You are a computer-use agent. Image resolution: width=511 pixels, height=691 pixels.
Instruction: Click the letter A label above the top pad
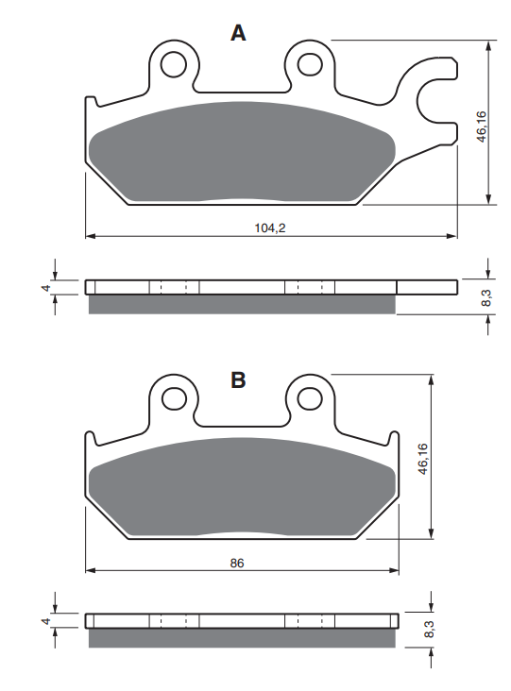tap(239, 34)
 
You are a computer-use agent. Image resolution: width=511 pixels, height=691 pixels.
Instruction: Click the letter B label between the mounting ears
tap(239, 380)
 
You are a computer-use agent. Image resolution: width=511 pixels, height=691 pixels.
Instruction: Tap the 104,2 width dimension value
tap(270, 228)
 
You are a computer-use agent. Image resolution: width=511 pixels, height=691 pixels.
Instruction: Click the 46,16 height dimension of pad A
tap(481, 126)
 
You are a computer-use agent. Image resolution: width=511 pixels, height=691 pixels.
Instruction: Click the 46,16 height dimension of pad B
tap(423, 460)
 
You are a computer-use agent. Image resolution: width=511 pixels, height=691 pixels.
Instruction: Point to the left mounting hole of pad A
tap(173, 64)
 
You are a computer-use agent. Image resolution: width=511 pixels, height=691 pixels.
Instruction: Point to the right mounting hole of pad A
tap(309, 64)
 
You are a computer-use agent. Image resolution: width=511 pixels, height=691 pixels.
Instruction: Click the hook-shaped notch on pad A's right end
tap(432, 97)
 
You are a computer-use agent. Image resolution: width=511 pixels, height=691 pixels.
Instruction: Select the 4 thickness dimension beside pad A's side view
tap(44, 287)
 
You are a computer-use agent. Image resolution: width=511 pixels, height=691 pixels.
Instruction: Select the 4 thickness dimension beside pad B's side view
tap(44, 621)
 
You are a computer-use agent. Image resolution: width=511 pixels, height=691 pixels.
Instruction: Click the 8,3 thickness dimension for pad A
tap(485, 297)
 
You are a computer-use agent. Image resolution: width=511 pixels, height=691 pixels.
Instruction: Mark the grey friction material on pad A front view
tap(241, 151)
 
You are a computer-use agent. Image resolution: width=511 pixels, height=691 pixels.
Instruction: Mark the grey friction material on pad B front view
tap(241, 486)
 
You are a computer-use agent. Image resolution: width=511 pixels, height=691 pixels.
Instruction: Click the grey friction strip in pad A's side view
tap(241, 303)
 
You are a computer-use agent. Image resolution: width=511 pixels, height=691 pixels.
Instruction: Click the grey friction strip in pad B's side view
tap(241, 637)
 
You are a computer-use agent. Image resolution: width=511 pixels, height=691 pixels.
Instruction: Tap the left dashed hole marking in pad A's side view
tap(174, 287)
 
